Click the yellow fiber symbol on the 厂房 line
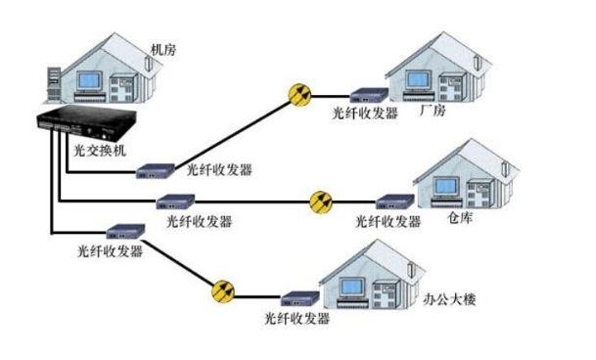(x=300, y=95)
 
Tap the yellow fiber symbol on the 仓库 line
(x=321, y=202)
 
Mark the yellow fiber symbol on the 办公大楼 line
(x=224, y=291)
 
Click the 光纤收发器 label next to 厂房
(x=366, y=114)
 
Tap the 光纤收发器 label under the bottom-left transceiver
(x=110, y=251)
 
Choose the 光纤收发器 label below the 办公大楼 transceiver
(x=298, y=319)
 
